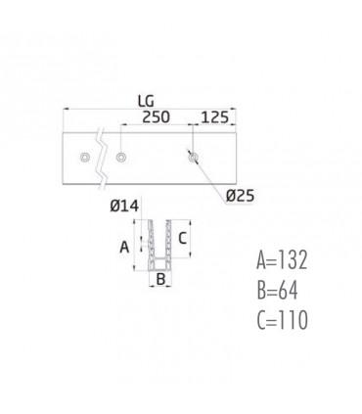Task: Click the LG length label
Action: [146, 102]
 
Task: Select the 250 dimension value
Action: [156, 117]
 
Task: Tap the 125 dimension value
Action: [214, 117]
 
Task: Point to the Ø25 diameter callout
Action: [240, 196]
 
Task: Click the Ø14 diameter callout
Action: [124, 206]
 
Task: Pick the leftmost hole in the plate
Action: [85, 158]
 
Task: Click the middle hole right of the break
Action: [121, 158]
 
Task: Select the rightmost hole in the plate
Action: [193, 158]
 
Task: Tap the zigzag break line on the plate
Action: [102, 159]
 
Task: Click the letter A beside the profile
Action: [124, 248]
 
